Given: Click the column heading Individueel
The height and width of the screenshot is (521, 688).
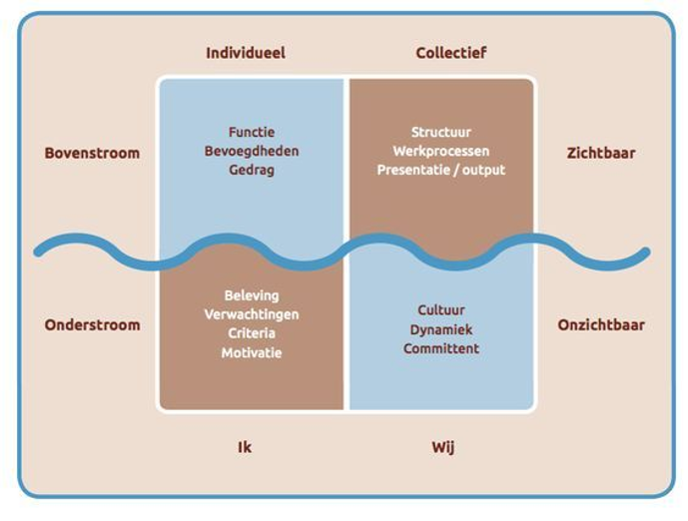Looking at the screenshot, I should tap(246, 52).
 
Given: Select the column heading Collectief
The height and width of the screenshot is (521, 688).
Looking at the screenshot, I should tap(451, 52).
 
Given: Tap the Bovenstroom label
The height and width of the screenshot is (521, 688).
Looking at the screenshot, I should tap(92, 153).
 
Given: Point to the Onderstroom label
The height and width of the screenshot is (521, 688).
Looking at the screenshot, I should tap(92, 324).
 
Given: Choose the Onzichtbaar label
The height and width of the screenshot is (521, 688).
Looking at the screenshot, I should tap(601, 324).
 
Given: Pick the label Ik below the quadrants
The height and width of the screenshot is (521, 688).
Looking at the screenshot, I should tap(245, 447).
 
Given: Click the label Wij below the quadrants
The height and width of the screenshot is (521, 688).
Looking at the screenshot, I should tap(442, 447).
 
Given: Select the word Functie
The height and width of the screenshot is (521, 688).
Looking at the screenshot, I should tap(252, 132).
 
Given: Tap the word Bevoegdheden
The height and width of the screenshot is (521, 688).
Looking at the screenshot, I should tap(252, 151).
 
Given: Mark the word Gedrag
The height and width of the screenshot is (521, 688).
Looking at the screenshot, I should tap(252, 170).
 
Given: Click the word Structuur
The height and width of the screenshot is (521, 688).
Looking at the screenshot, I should tap(441, 132).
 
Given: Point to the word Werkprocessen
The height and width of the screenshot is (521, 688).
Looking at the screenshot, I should tap(441, 151).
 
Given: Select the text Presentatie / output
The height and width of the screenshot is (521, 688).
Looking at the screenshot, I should tap(441, 170).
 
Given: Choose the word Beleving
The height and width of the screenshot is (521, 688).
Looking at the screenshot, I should tap(252, 295).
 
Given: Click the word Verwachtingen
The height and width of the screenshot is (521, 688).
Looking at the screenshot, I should tap(252, 314).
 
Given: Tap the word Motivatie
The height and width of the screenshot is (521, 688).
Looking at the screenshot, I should tap(252, 352).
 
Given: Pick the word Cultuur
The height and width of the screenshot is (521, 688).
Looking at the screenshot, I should tap(441, 310).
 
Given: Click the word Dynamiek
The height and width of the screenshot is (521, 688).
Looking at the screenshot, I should tap(441, 329).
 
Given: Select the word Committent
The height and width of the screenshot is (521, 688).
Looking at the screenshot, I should tap(441, 348).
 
